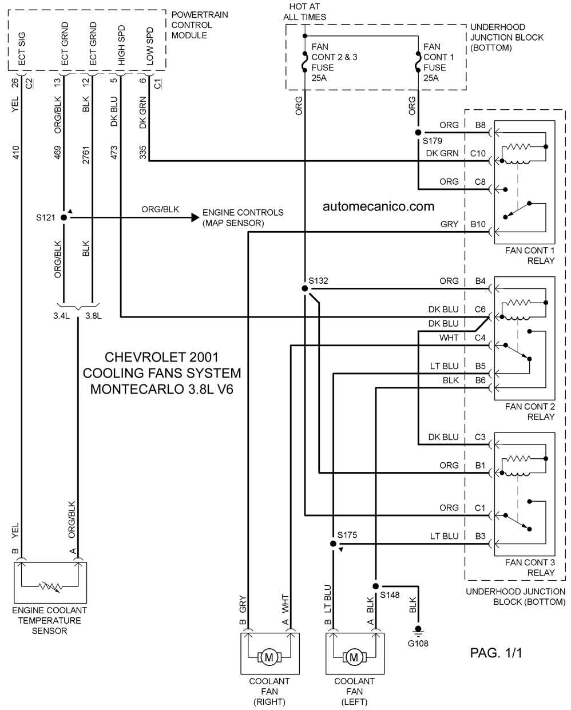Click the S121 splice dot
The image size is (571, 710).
64,217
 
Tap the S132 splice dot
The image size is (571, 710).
304,288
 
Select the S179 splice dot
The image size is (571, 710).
418,132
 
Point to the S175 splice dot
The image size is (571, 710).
333,544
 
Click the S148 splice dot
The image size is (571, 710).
375,586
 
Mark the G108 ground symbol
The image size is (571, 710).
418,630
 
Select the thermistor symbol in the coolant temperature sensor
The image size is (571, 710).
50,586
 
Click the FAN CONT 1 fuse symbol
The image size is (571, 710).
418,61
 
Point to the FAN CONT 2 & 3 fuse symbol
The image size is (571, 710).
304,61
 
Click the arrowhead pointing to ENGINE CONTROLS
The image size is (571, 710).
196,217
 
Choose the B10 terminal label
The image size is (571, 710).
478,224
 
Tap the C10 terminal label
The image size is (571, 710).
478,153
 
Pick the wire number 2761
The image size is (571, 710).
86,155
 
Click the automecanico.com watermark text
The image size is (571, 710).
378,206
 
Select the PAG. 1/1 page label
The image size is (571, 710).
495,653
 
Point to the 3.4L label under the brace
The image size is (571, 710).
61,316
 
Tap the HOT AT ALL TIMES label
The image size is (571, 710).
304,11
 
